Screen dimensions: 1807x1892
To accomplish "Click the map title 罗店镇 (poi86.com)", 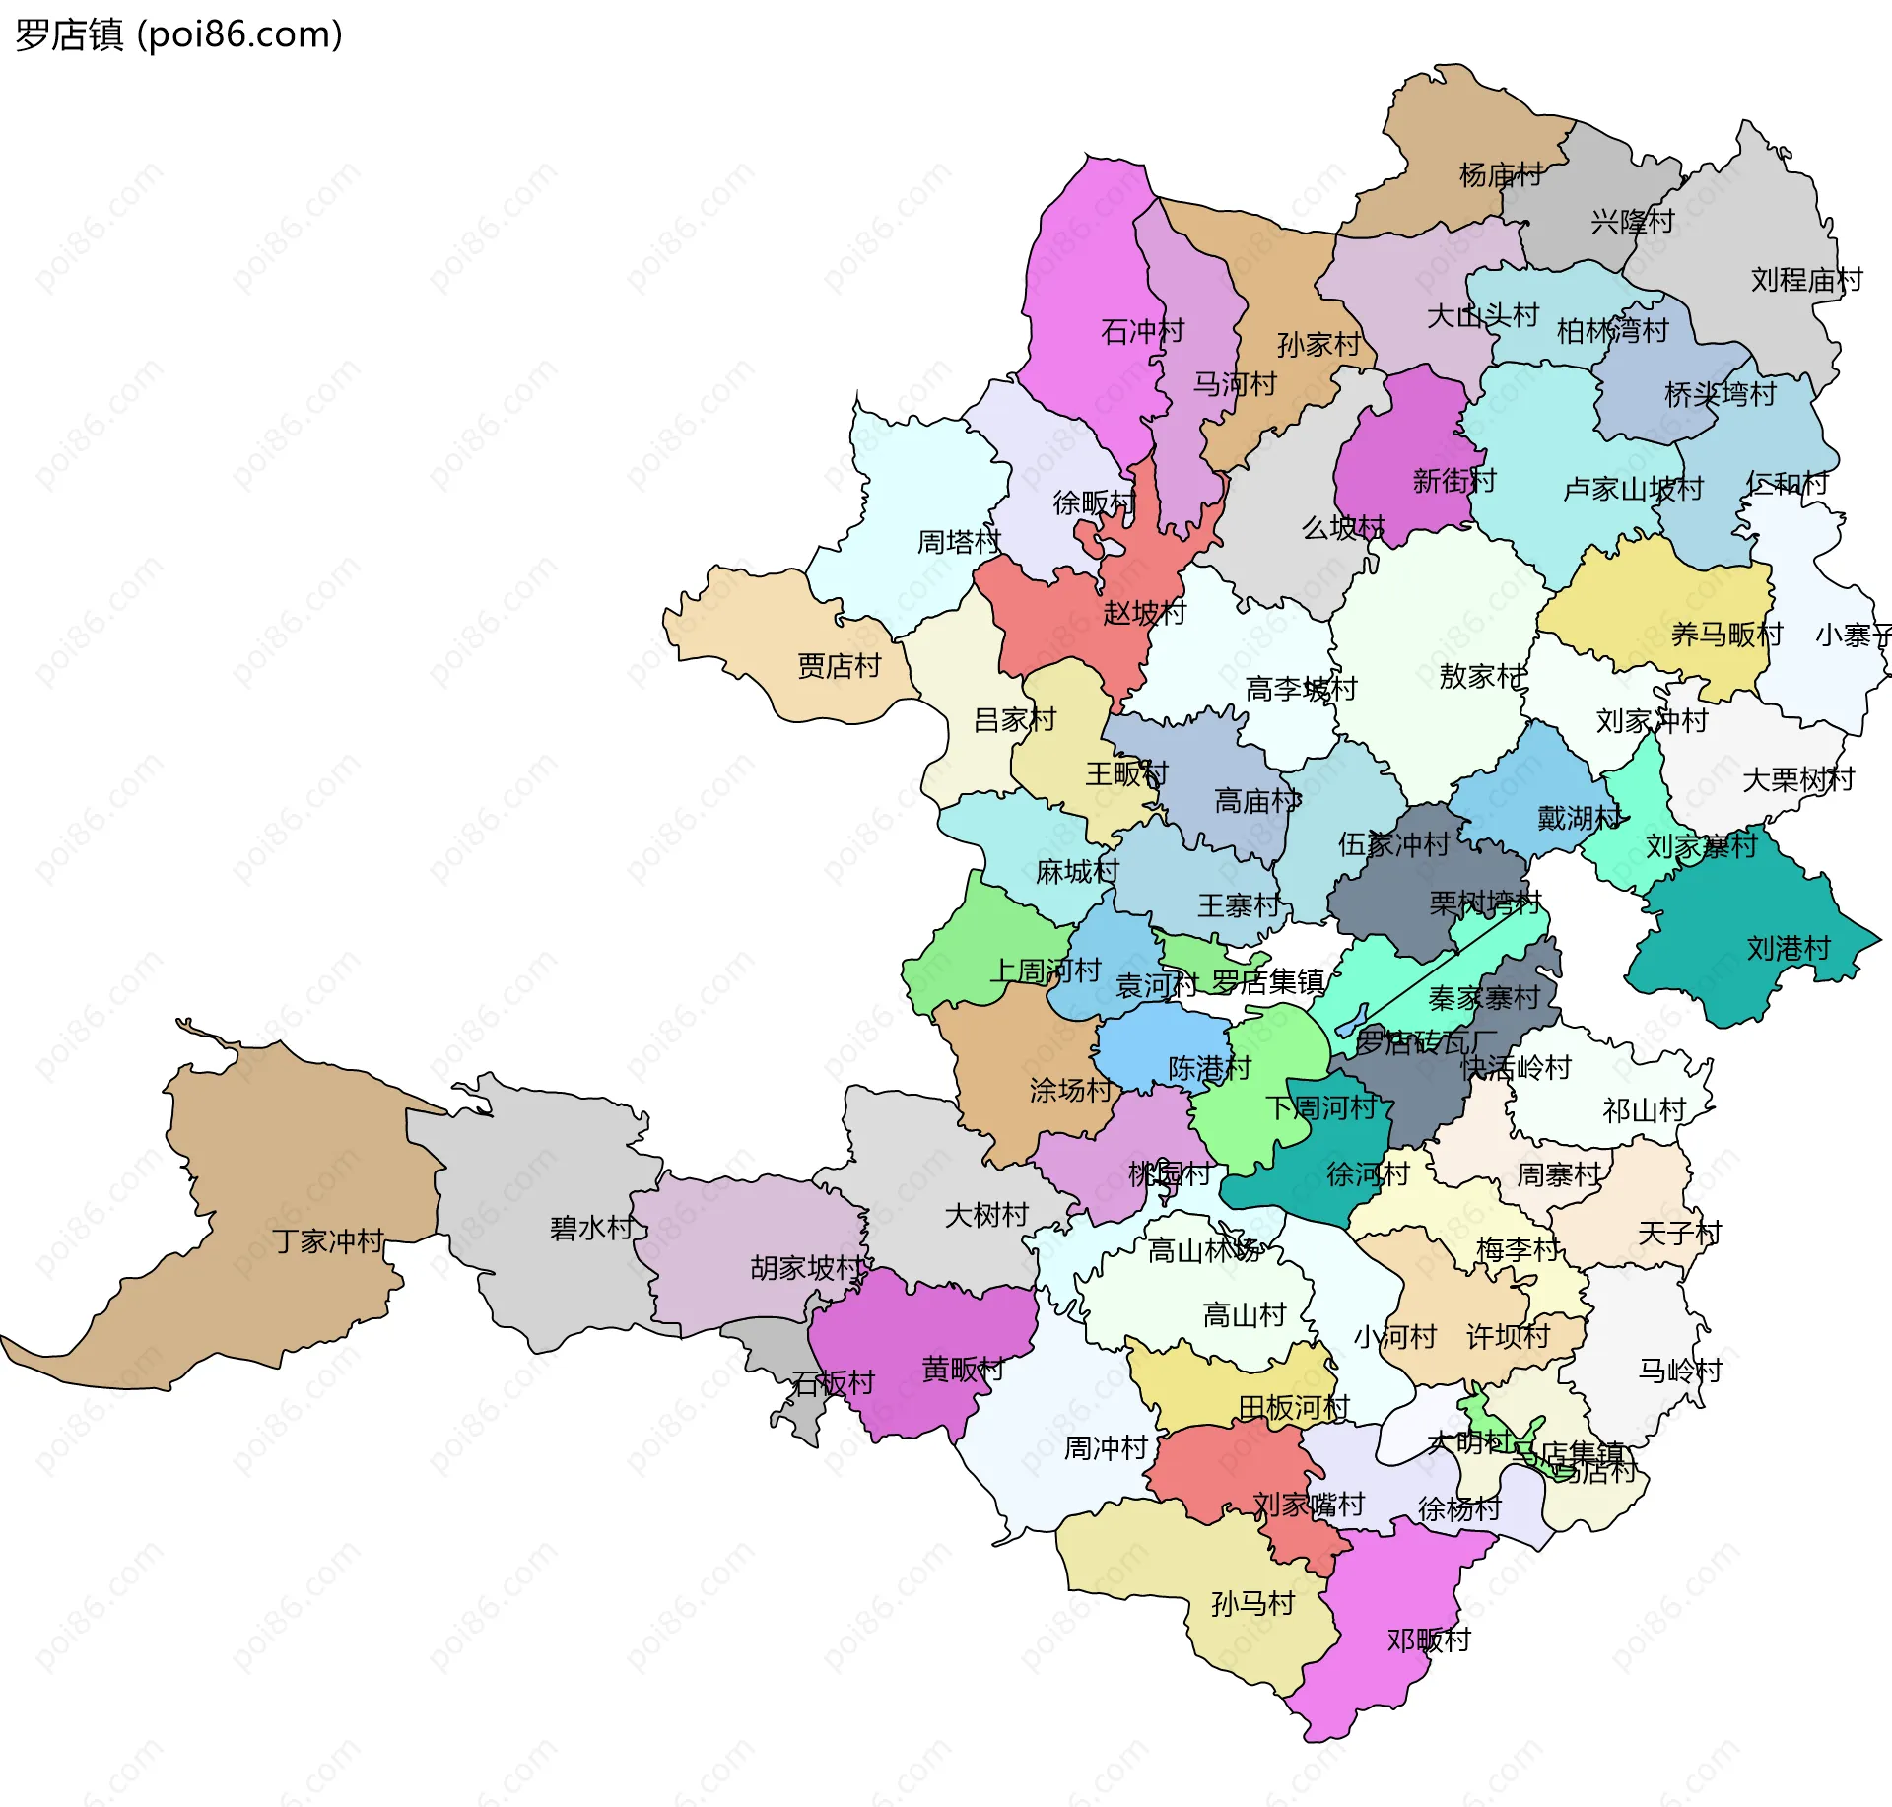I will pyautogui.click(x=178, y=34).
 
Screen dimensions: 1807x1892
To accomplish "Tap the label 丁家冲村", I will pyautogui.click(x=328, y=1240).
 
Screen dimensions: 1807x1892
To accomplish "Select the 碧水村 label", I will pyautogui.click(x=591, y=1228).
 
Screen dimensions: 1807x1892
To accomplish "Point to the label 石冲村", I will pyautogui.click(x=1142, y=331).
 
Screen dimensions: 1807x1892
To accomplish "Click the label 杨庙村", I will pyautogui.click(x=1500, y=175).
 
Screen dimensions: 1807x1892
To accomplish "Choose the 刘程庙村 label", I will pyautogui.click(x=1806, y=280).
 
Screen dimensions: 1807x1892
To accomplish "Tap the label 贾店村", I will pyautogui.click(x=839, y=666).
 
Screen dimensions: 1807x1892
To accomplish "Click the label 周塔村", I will pyautogui.click(x=959, y=542).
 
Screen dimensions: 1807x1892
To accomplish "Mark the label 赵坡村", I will pyautogui.click(x=1144, y=613).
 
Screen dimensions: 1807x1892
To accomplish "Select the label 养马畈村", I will pyautogui.click(x=1726, y=635).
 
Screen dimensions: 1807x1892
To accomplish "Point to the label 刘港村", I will pyautogui.click(x=1789, y=948).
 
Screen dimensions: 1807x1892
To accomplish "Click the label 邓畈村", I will pyautogui.click(x=1429, y=1640).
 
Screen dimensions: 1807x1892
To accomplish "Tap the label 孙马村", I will pyautogui.click(x=1252, y=1603).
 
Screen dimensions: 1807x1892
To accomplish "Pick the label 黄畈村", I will pyautogui.click(x=963, y=1369).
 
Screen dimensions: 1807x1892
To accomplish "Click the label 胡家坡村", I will pyautogui.click(x=806, y=1267).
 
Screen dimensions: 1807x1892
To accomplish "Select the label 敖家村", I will pyautogui.click(x=1481, y=676).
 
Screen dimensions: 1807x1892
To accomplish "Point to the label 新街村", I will pyautogui.click(x=1454, y=481).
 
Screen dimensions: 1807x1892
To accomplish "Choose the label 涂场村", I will pyautogui.click(x=1071, y=1090).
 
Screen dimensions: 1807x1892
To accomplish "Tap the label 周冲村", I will pyautogui.click(x=1106, y=1447).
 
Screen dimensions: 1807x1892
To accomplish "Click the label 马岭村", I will pyautogui.click(x=1679, y=1371).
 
